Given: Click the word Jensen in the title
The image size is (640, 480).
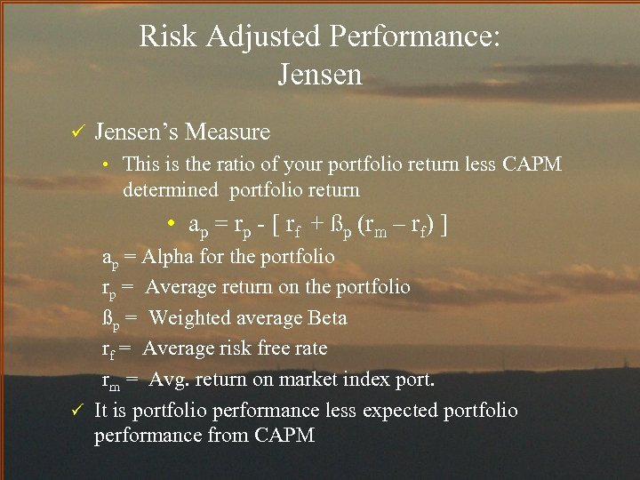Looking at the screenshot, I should pyautogui.click(x=320, y=75).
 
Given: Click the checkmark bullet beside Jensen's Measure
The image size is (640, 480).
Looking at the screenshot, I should pyautogui.click(x=76, y=132).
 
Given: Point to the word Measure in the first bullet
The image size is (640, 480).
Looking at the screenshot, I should pyautogui.click(x=228, y=132).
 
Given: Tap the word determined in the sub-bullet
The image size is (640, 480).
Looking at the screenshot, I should pyautogui.click(x=170, y=189).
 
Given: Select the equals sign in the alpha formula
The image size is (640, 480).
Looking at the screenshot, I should pyautogui.click(x=219, y=226).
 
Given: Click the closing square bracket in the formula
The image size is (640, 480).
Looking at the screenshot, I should pyautogui.click(x=443, y=226).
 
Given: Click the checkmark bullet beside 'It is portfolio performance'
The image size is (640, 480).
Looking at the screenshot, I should pyautogui.click(x=76, y=410).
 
